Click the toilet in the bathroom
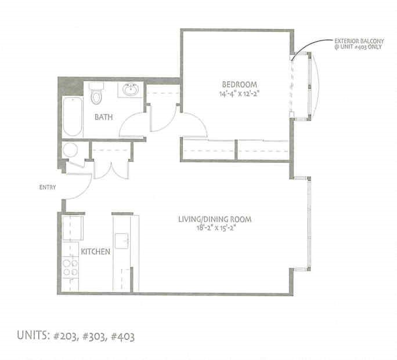96,95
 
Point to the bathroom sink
131,90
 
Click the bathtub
73,115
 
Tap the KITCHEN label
95,252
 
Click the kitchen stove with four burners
70,267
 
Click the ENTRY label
47,187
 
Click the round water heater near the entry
71,150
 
